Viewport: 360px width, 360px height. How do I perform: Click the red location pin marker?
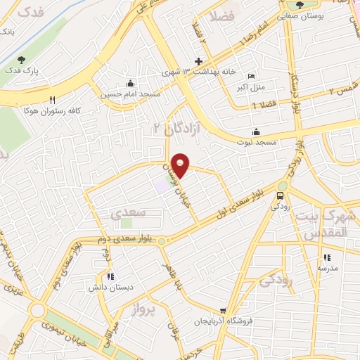pyautogui.click(x=181, y=165)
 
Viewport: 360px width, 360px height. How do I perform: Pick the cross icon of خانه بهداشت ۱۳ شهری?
pyautogui.click(x=199, y=61)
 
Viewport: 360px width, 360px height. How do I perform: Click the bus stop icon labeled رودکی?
pyautogui.click(x=281, y=195)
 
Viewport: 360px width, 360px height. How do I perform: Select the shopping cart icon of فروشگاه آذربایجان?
pyautogui.click(x=223, y=311)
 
